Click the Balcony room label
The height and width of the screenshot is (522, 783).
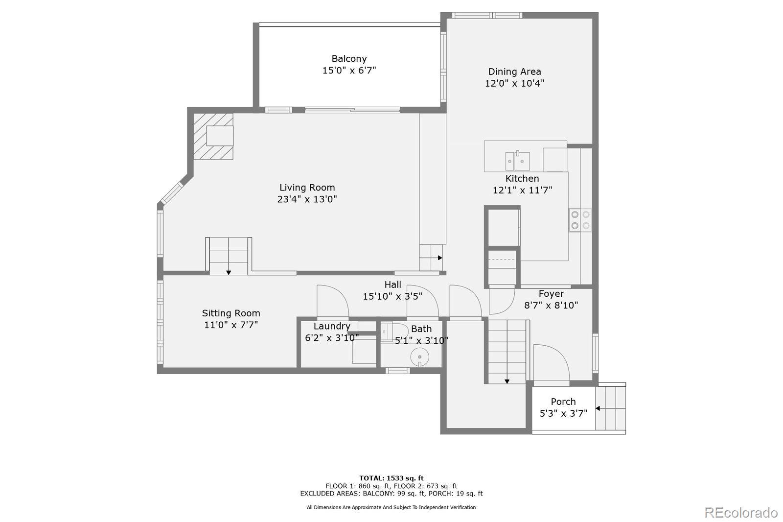point(349,59)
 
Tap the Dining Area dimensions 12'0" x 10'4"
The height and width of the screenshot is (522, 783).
point(514,83)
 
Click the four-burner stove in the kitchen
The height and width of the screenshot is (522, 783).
point(580,220)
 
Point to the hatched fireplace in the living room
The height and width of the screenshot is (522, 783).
point(213,136)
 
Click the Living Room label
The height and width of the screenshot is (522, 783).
point(307,188)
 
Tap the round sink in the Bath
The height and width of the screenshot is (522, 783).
point(419,357)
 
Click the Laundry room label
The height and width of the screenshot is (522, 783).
point(332,326)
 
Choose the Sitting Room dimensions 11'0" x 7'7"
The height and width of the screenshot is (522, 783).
point(230,325)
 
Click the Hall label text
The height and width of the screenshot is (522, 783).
point(392,285)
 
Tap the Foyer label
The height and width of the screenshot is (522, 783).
point(551,294)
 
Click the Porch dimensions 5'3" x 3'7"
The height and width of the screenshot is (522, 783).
point(563,413)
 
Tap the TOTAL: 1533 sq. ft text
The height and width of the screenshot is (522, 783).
point(391,478)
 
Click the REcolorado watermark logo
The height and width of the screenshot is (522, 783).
point(740,512)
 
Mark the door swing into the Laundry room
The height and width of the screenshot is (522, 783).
point(332,301)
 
